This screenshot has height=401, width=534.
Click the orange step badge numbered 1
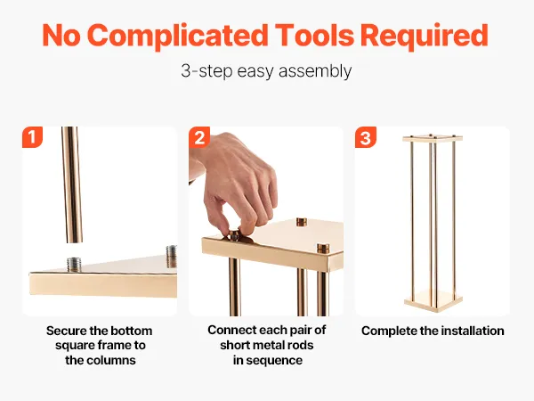pos(32,137)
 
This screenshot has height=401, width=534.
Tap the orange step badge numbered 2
pos(199,137)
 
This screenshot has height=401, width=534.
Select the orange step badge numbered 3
pos(366,137)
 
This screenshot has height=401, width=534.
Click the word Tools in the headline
pos(315,35)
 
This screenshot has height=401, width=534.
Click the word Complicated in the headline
pos(177,37)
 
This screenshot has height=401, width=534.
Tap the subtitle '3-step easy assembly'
pos(266,71)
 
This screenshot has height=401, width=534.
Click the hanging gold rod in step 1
pos(72,184)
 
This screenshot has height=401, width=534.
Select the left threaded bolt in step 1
pos(74,265)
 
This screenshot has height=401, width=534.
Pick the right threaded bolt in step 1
pos(171,256)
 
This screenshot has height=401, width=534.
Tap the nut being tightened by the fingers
pos(234,235)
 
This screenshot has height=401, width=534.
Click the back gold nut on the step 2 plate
pos(302,222)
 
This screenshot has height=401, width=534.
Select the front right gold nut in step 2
pos(323,249)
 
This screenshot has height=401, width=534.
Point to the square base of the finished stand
pos(433,300)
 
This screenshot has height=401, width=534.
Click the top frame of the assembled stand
pos(433,138)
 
